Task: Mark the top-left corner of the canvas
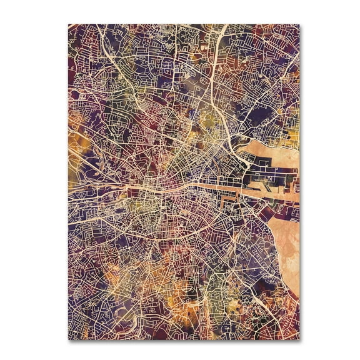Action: point(69,24)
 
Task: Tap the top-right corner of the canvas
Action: point(299,24)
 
